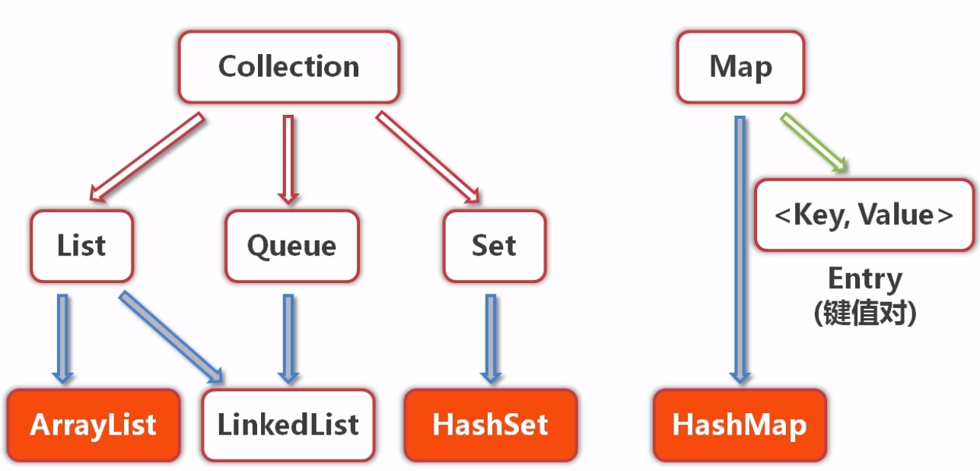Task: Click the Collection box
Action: pos(288,67)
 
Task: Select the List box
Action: pos(81,246)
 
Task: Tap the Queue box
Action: pos(291,246)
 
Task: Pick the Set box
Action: pos(494,246)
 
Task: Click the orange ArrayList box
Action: pos(94,425)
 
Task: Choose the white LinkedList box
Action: pos(288,425)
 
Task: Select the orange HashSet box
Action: pos(490,425)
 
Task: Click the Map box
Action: pos(740,67)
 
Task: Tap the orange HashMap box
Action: pos(739,425)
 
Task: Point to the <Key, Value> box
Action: pos(864,215)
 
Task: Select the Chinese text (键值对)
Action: pos(864,313)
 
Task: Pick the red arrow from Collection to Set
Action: pos(428,157)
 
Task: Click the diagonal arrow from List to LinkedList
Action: pos(171,336)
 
